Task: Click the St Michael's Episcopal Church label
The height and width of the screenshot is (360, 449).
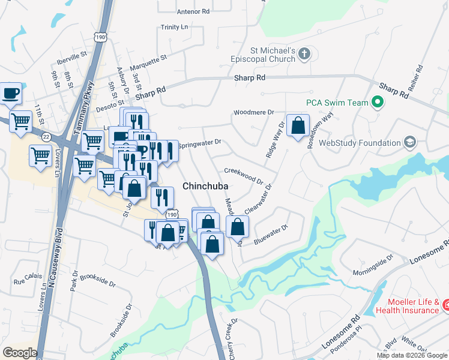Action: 264,55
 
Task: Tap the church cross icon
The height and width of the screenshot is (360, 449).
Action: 304,55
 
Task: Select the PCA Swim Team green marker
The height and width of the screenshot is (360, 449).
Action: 378,103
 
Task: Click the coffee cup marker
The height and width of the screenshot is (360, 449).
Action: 11,93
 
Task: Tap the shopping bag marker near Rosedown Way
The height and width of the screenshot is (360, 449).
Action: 298,125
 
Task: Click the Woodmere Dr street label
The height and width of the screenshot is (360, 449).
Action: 253,112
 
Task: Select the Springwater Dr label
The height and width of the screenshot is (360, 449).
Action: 200,144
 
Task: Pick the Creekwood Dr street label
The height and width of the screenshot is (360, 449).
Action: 244,175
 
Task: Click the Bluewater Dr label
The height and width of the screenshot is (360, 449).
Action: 271,233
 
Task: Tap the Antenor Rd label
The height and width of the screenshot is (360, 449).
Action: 193,11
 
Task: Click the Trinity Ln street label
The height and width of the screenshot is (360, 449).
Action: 175,28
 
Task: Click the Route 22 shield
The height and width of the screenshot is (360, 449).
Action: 46,137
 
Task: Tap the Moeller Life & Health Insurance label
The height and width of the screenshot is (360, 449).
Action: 407,306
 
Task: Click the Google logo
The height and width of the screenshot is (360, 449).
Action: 20,352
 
